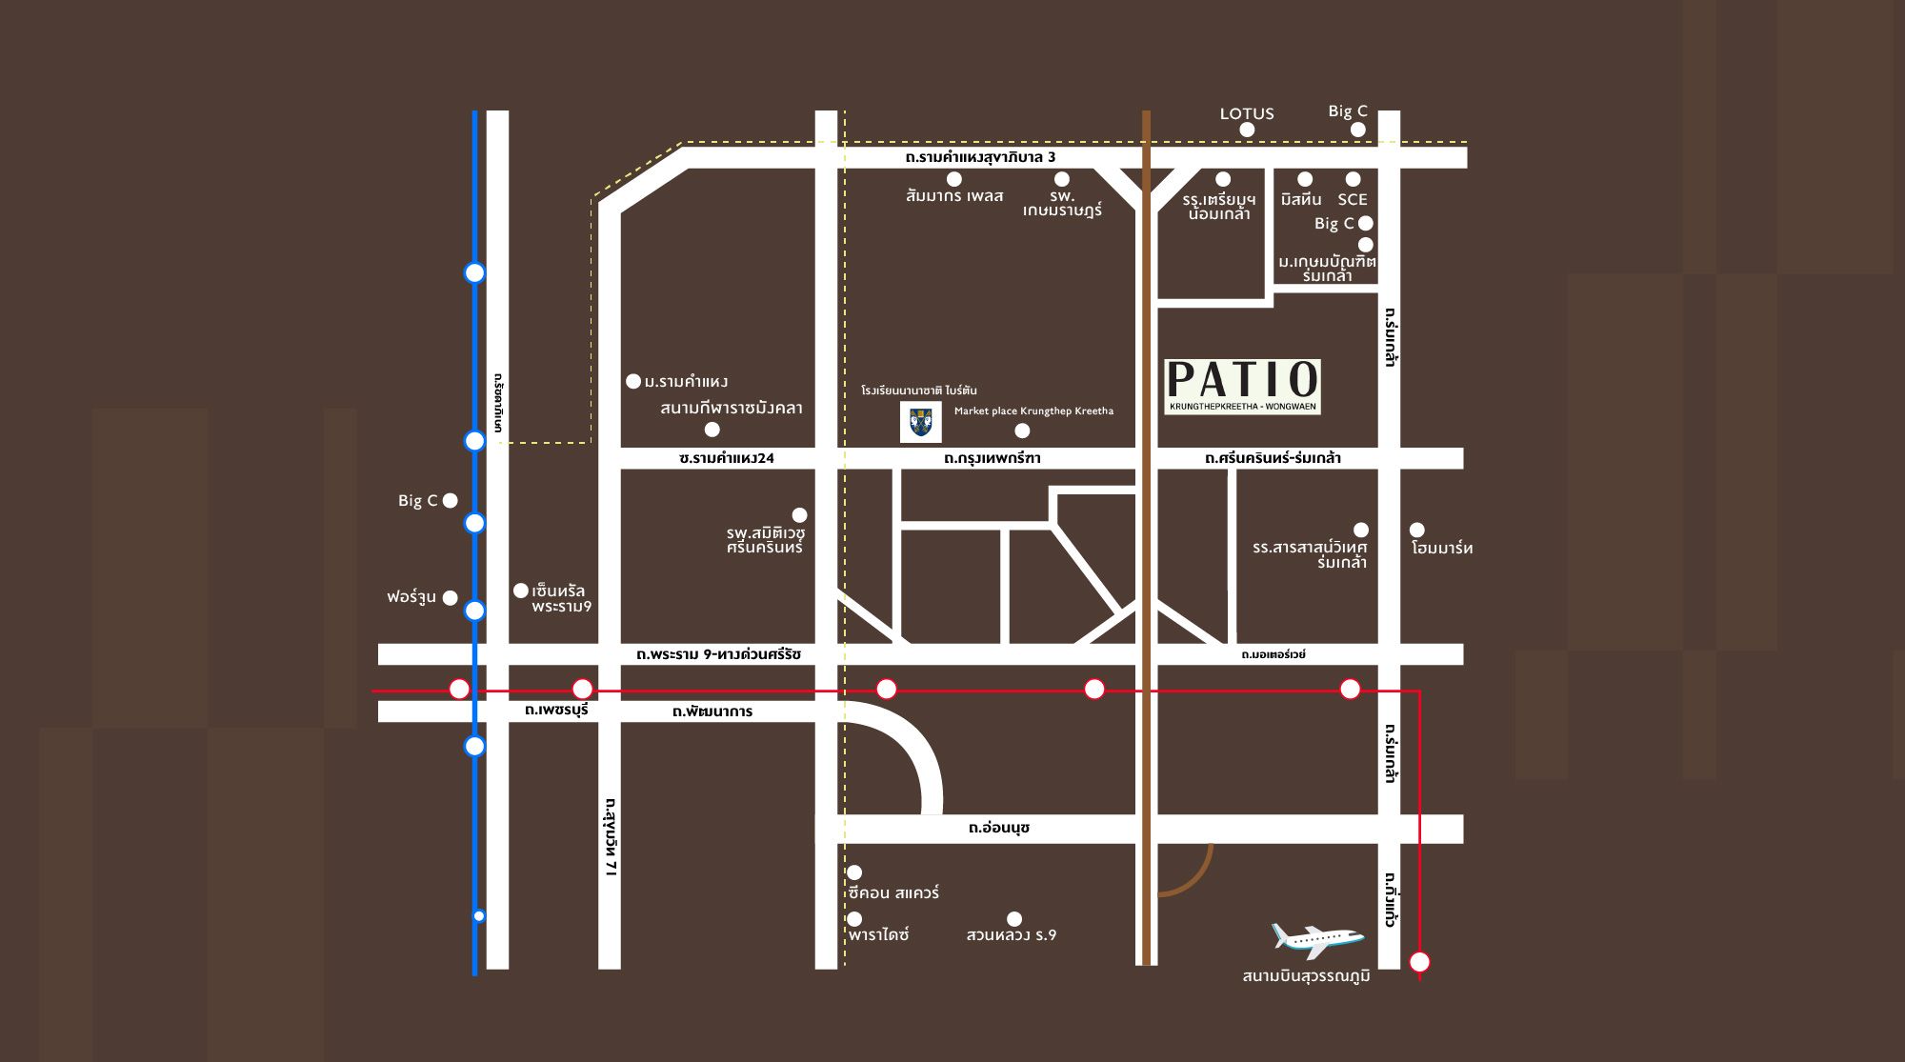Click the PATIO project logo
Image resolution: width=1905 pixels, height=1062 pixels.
pyautogui.click(x=1243, y=386)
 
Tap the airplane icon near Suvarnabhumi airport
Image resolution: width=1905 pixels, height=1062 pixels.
pyautogui.click(x=1317, y=939)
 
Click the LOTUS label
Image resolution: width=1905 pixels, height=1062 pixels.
pyautogui.click(x=1247, y=113)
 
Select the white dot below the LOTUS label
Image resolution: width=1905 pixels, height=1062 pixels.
pyautogui.click(x=1247, y=130)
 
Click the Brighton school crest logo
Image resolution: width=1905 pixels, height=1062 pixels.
pyautogui.click(x=920, y=423)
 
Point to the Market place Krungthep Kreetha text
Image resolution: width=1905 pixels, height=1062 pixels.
pyautogui.click(x=1033, y=411)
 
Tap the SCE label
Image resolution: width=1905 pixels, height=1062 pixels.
pyautogui.click(x=1352, y=199)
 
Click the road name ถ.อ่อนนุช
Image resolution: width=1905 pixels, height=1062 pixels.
pyautogui.click(x=998, y=828)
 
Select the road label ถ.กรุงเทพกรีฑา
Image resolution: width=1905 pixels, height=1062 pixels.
pyautogui.click(x=992, y=458)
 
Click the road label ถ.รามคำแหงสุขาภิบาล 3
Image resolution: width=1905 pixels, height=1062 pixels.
pyautogui.click(x=980, y=157)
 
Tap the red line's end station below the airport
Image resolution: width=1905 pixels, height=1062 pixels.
pyautogui.click(x=1419, y=962)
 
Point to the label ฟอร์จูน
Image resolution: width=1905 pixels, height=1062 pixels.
pyautogui.click(x=411, y=597)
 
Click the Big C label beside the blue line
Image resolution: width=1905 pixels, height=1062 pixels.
pyautogui.click(x=417, y=501)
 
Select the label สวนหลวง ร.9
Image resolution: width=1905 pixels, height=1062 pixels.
pyautogui.click(x=1011, y=935)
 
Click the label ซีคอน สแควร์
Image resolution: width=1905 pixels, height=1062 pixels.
pyautogui.click(x=893, y=893)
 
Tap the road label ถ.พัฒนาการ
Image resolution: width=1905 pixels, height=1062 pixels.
pyautogui.click(x=712, y=711)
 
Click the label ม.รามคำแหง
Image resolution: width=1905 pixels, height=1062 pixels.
pyautogui.click(x=686, y=382)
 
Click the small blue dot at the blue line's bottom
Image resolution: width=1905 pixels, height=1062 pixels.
pyautogui.click(x=479, y=916)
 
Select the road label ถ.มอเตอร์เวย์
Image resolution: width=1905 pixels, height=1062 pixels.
pyautogui.click(x=1273, y=654)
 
